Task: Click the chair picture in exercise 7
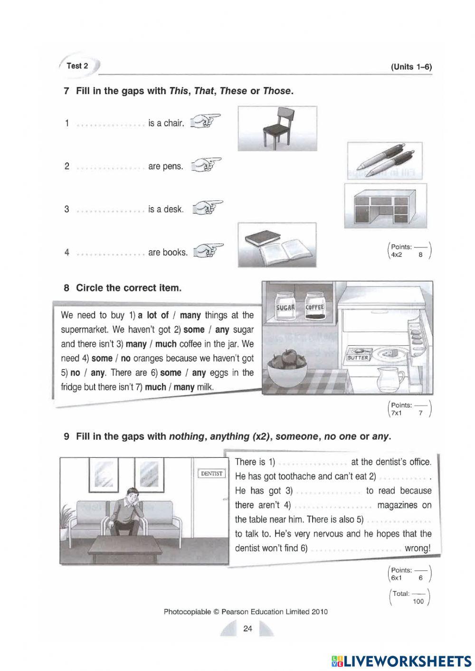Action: tap(277, 128)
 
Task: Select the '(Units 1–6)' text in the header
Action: tap(411, 67)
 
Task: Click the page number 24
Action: tap(247, 629)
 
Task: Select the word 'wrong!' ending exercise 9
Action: tap(418, 548)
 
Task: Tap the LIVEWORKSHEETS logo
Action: tap(401, 661)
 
